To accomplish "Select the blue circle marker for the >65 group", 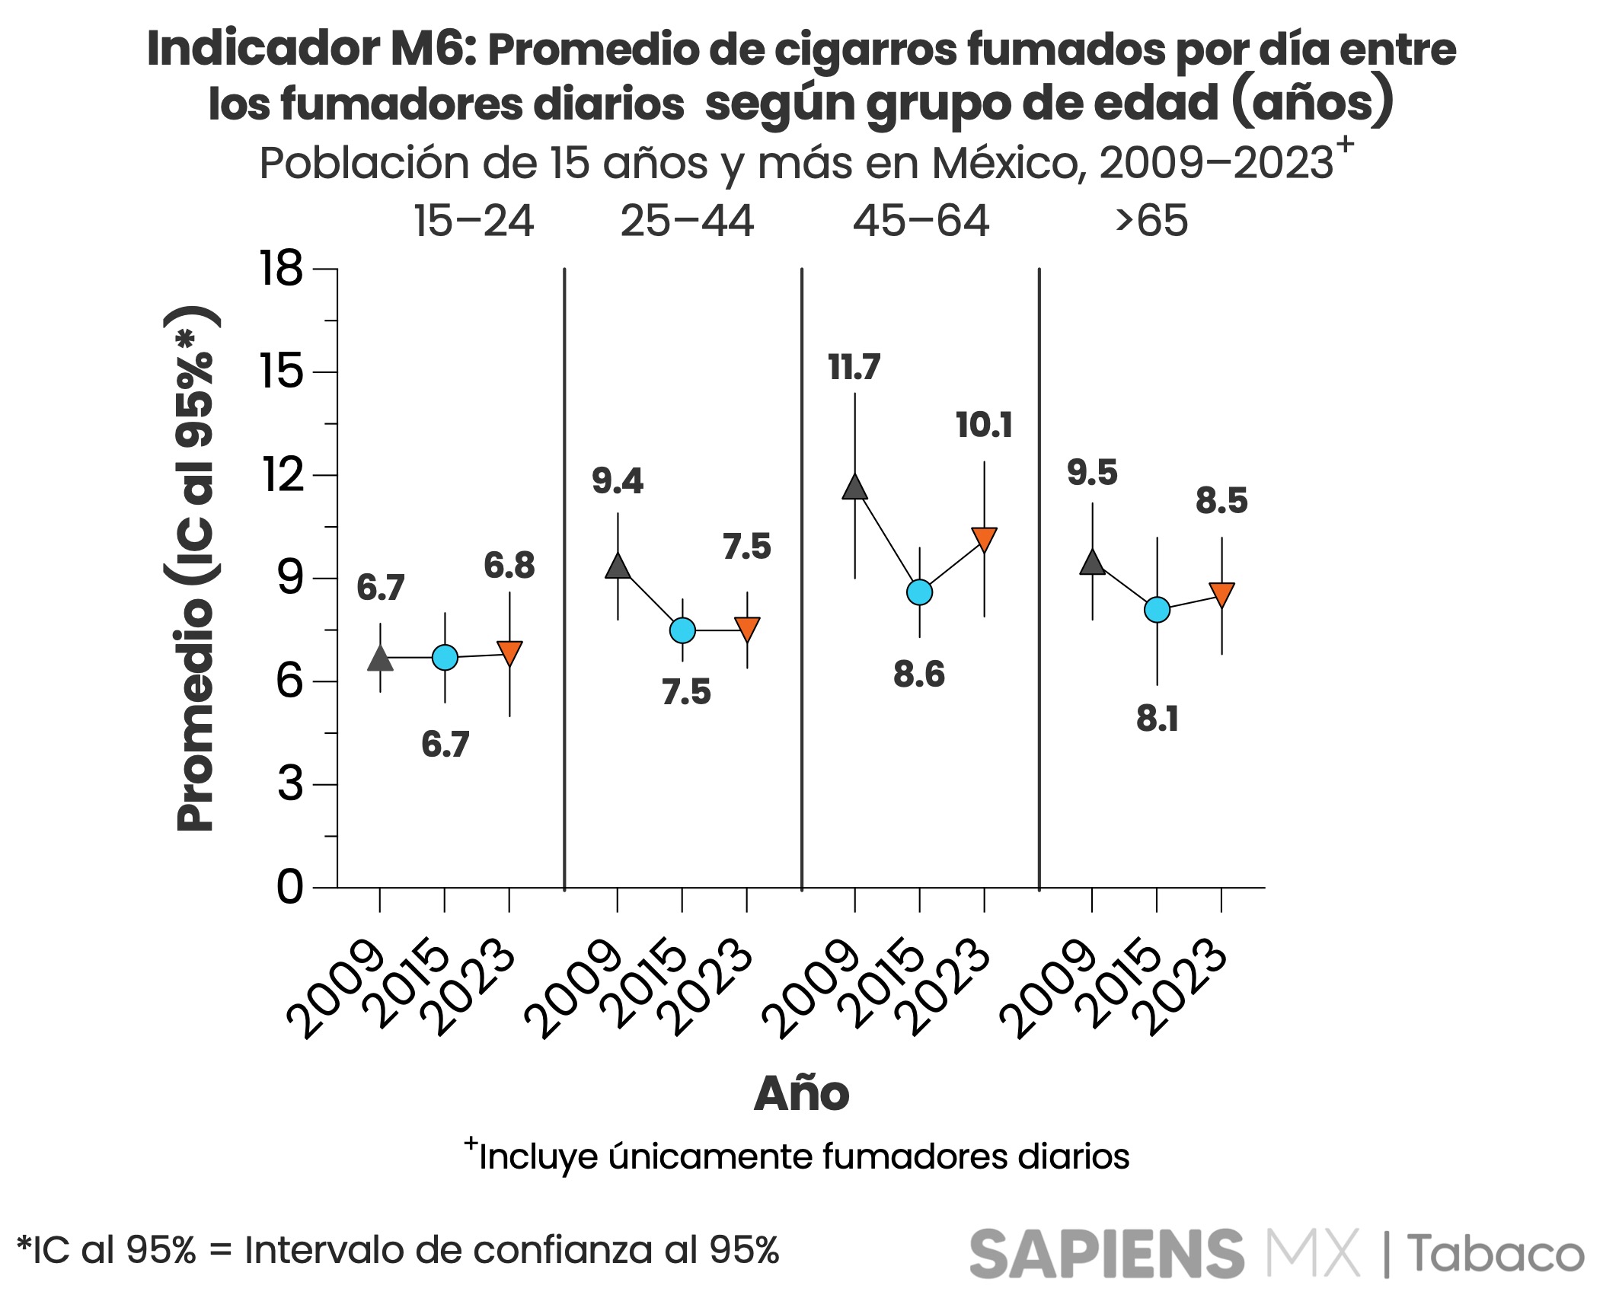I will tap(1157, 610).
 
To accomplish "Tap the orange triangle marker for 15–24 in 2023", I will tap(509, 653).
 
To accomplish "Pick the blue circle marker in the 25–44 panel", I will tap(682, 630).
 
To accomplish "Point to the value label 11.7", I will tap(854, 368).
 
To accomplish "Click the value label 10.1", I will tap(984, 425).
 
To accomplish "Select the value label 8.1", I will tap(1157, 719).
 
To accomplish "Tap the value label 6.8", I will tap(509, 566).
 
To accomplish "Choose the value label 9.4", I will tap(618, 481).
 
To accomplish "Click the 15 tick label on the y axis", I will tap(282, 372).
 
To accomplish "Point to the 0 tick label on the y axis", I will tap(289, 888).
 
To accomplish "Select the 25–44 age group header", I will tap(687, 222).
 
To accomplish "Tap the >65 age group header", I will tap(1151, 222).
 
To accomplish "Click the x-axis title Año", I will tap(801, 1094).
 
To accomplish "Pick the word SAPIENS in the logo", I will tap(1106, 1255).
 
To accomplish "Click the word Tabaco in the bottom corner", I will tap(1495, 1255).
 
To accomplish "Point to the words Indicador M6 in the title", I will tap(311, 49).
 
